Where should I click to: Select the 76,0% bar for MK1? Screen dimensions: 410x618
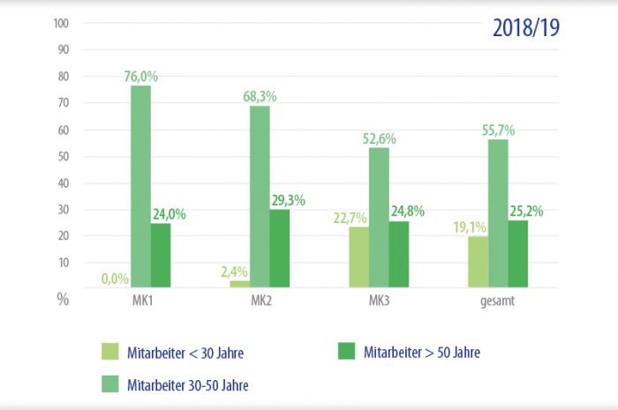tap(140, 185)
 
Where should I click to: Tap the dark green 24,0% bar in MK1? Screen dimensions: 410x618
tap(161, 255)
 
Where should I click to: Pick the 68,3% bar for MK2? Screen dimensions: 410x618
tap(260, 196)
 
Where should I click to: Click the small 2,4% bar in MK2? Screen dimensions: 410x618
tap(239, 283)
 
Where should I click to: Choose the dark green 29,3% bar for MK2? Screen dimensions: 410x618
tap(280, 248)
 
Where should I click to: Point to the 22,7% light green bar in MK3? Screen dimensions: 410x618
tap(358, 257)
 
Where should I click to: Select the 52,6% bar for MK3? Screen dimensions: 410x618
tap(379, 217)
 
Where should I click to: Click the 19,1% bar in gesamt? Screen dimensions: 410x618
tap(479, 261)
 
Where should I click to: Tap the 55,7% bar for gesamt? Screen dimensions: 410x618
tap(498, 212)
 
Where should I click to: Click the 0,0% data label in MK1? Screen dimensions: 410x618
tap(116, 279)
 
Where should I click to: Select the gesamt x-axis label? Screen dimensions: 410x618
tap(497, 301)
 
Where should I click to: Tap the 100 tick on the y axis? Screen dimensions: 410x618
tap(61, 24)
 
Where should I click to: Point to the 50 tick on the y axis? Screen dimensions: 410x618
tap(63, 156)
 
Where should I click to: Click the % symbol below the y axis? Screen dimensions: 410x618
tap(63, 299)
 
